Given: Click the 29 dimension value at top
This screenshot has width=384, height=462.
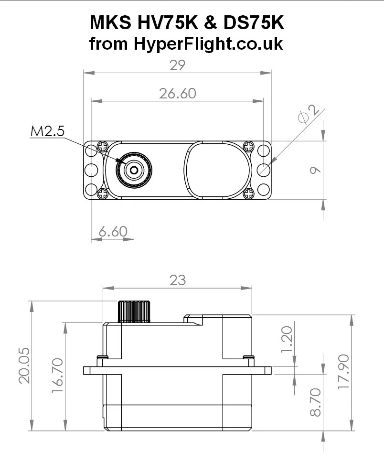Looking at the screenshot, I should (177, 65).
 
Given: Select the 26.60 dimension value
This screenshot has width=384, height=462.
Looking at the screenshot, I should (177, 93).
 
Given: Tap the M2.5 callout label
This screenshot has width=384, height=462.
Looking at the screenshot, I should (47, 131).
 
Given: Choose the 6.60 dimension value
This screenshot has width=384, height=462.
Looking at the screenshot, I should (113, 232).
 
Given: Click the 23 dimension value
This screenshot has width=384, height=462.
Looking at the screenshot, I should (177, 280).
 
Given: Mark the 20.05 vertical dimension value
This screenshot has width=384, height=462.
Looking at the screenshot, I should (24, 365).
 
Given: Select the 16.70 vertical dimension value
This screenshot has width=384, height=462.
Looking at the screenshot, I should (57, 376).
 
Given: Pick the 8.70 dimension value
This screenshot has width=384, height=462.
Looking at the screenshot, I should (315, 402).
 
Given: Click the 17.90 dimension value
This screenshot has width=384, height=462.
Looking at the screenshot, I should (343, 372).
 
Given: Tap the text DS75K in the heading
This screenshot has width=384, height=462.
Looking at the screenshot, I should (258, 23).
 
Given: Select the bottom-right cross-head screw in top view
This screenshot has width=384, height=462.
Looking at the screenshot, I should (248, 193).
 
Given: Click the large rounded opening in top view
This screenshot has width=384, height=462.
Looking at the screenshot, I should (217, 170).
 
